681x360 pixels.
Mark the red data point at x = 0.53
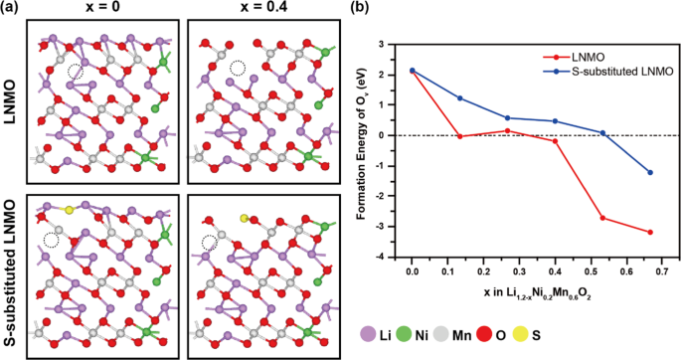(603, 218)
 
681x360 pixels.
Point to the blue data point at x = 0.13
(459, 97)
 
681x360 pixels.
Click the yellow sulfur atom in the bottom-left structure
(69, 211)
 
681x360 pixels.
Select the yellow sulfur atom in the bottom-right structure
(244, 216)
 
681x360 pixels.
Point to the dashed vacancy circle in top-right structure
(238, 68)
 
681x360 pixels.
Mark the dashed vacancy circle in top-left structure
(75, 71)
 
